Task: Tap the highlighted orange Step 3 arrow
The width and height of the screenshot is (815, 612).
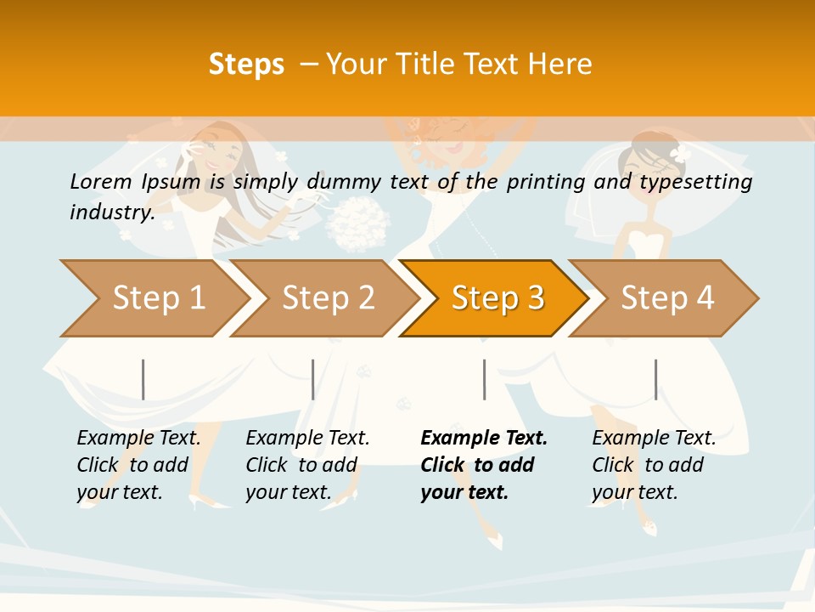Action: [x=497, y=298]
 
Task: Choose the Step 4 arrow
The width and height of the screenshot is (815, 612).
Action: [x=667, y=298]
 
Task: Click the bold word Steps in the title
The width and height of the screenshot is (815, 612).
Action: [x=246, y=64]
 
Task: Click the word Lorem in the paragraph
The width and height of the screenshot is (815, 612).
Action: [x=100, y=182]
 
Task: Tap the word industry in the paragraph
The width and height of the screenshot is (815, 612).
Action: [x=112, y=212]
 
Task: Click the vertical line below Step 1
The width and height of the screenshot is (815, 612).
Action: [x=143, y=379]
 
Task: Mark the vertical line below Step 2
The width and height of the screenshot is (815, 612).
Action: [x=313, y=379]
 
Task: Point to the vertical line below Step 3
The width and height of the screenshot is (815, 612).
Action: [x=484, y=379]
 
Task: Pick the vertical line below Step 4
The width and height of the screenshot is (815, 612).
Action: [x=655, y=379]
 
